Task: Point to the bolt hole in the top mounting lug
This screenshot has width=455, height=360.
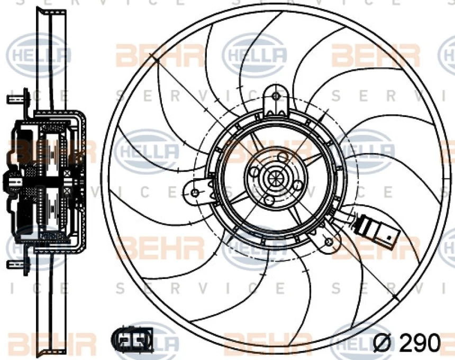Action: (x=276, y=96)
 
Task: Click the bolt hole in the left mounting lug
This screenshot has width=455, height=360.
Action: (x=195, y=192)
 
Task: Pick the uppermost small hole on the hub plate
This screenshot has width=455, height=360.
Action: (x=283, y=156)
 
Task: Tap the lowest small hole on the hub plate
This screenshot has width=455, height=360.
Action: (x=269, y=200)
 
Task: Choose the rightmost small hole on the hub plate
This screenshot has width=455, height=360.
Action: (x=298, y=185)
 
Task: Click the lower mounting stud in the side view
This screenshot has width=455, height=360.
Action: (x=16, y=263)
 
